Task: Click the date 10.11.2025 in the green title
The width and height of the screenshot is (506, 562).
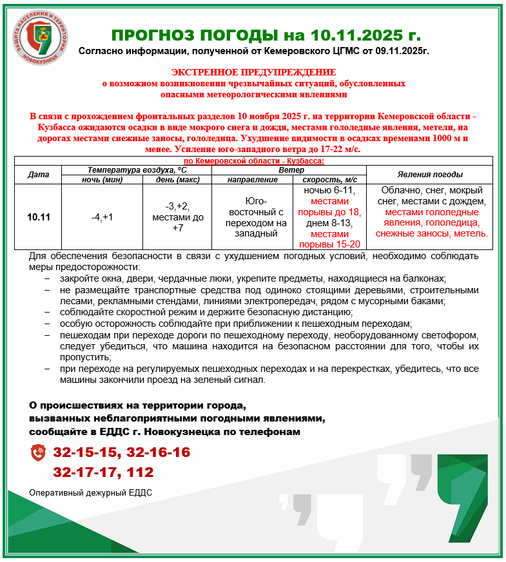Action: coord(344,34)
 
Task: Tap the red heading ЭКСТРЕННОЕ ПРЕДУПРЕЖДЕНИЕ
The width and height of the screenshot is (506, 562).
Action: coord(253,72)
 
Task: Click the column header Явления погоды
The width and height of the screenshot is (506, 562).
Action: coord(429,174)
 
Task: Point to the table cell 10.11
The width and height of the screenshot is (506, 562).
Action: coord(38,217)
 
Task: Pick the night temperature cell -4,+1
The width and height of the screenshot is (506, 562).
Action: coord(102,217)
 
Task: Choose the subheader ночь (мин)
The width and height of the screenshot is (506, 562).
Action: coord(102,179)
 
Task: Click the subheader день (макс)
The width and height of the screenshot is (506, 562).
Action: coord(177,179)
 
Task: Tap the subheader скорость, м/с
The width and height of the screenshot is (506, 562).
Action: coord(329,179)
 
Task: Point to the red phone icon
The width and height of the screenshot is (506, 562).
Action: coord(38,452)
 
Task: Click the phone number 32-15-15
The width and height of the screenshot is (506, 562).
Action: coord(86,452)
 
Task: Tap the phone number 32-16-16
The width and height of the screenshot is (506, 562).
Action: coord(159,452)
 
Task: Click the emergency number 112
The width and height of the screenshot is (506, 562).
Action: coord(141,472)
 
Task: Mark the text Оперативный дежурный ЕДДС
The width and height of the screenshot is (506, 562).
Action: coord(91,493)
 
